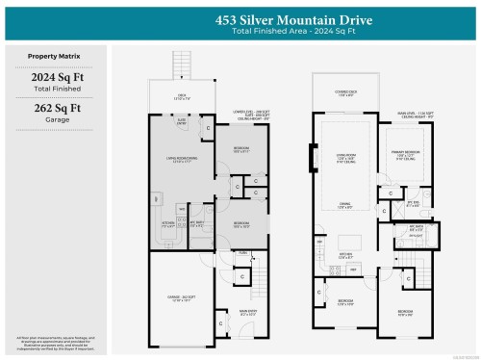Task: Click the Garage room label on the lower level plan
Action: [x=176, y=299]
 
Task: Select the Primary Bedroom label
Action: [x=408, y=153]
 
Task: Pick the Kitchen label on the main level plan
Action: [x=343, y=256]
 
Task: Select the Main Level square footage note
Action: [x=415, y=116]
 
